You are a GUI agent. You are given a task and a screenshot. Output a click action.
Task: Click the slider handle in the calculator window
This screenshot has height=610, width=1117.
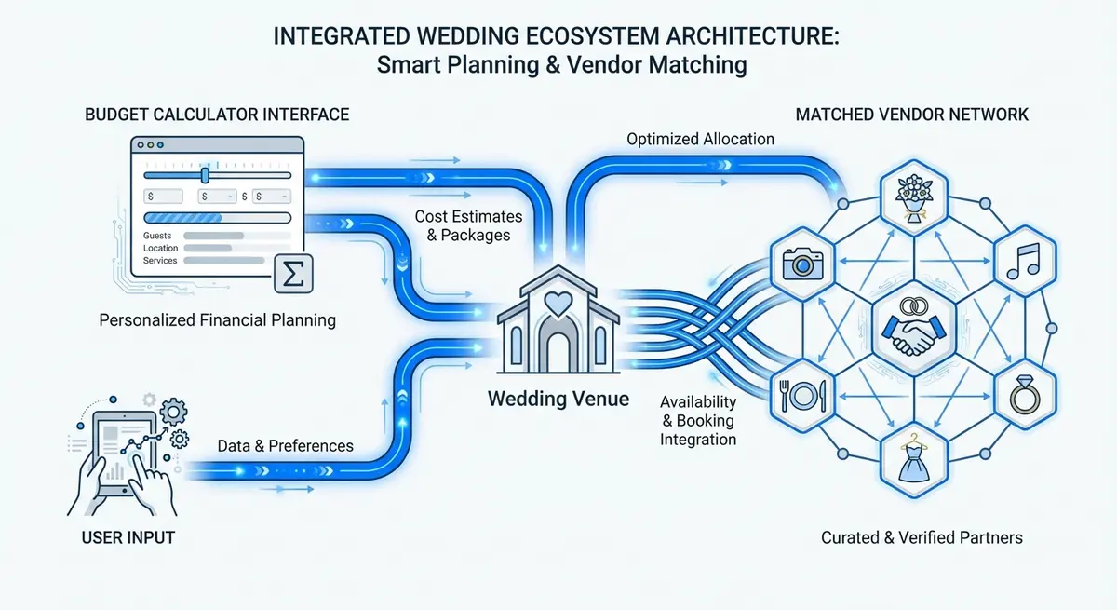[x=205, y=175]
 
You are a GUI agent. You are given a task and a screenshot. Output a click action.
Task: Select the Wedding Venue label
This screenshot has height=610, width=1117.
[x=558, y=400]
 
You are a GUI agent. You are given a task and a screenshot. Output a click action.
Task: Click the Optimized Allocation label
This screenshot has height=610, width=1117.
[x=700, y=139]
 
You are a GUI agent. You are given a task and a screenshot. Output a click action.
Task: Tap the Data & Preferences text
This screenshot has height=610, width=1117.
[x=285, y=445]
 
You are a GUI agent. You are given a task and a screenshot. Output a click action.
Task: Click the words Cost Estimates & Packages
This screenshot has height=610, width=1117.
[x=468, y=225]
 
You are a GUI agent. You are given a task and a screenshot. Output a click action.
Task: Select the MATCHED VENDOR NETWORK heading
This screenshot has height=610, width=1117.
[x=912, y=115]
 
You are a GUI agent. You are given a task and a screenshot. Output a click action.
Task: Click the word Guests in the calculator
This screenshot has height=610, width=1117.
[x=157, y=237]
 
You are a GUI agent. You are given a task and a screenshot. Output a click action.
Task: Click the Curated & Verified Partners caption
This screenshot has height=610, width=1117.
[x=922, y=537]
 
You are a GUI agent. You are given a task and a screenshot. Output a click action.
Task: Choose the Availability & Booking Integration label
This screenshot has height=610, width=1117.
[x=697, y=420]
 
